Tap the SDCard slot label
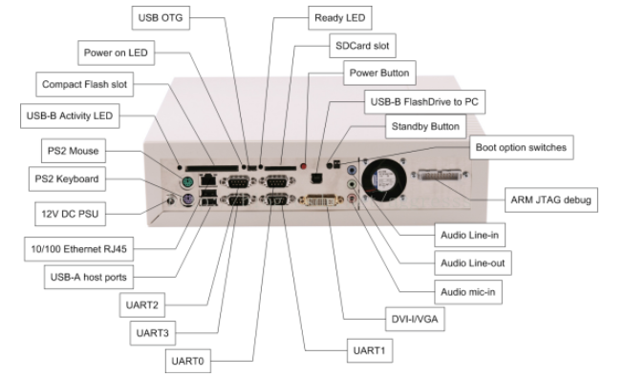click(352, 45)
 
